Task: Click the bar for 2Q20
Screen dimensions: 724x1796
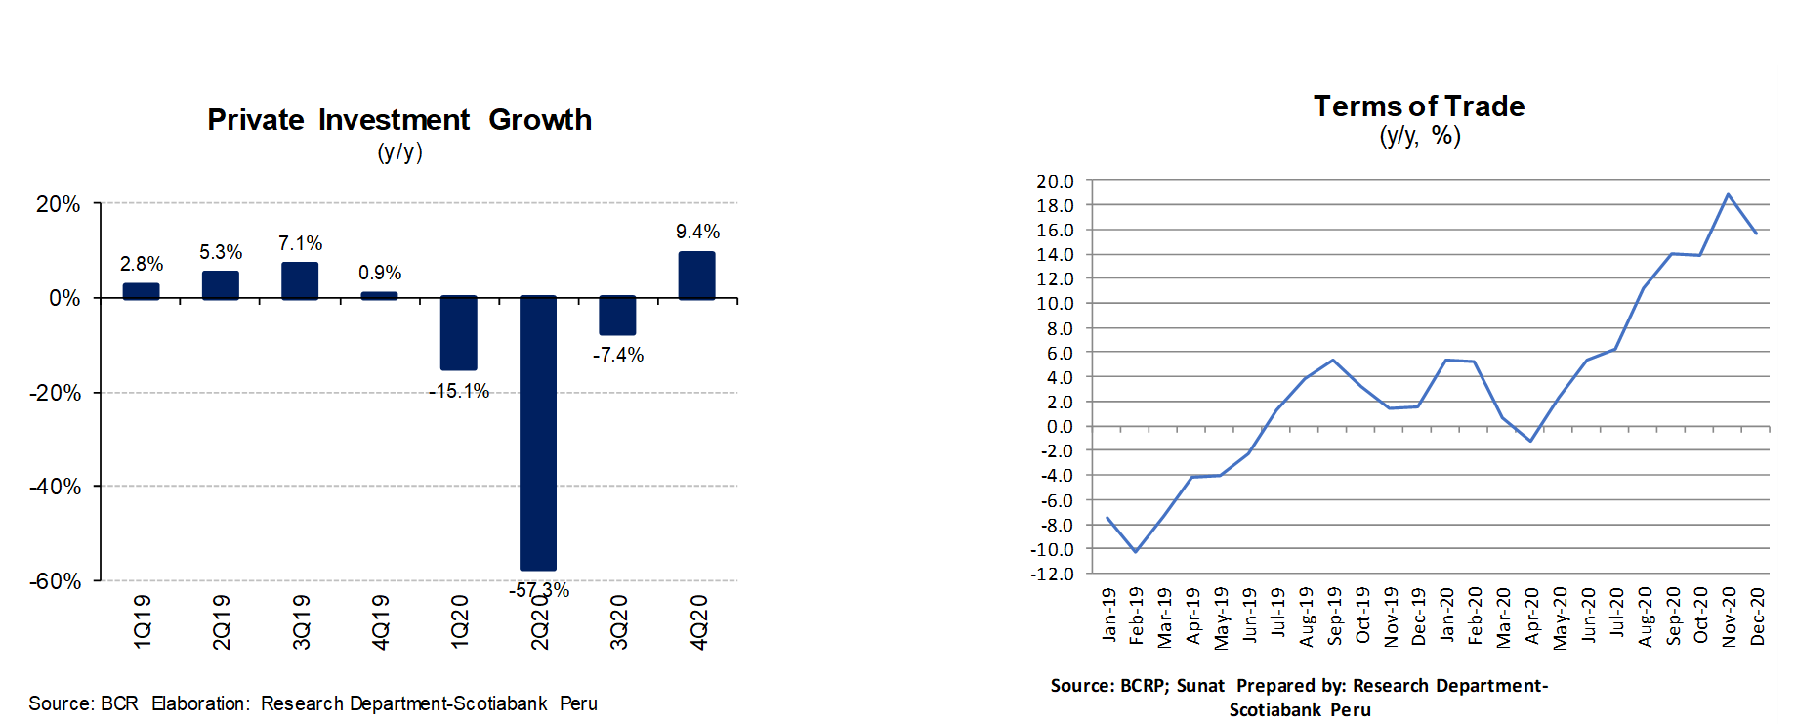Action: [x=538, y=432]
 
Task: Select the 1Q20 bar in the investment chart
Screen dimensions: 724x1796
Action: [x=459, y=333]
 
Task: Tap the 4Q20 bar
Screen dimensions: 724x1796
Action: [x=697, y=276]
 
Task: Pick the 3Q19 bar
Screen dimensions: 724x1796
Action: [x=300, y=280]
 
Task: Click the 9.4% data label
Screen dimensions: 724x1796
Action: [x=697, y=232]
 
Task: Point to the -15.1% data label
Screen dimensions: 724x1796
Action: [x=459, y=391]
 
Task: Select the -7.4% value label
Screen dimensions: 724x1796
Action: [x=618, y=355]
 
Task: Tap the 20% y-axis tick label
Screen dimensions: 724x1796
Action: [x=59, y=204]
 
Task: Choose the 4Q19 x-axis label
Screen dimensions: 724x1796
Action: [x=381, y=621]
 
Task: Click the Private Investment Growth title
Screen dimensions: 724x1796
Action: [x=399, y=120]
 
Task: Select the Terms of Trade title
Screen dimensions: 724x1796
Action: [x=1418, y=106]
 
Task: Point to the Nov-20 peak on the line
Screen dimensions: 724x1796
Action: [x=1729, y=194]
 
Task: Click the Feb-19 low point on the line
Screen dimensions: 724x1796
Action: [x=1135, y=551]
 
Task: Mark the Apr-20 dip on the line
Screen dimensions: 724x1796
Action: [x=1530, y=441]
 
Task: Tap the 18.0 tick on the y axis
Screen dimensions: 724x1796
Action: [x=1055, y=205]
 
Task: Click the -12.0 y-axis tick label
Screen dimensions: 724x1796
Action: [x=1053, y=574]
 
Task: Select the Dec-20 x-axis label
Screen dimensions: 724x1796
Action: [x=1758, y=616]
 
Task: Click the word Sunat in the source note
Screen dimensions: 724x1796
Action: [x=1200, y=686]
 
